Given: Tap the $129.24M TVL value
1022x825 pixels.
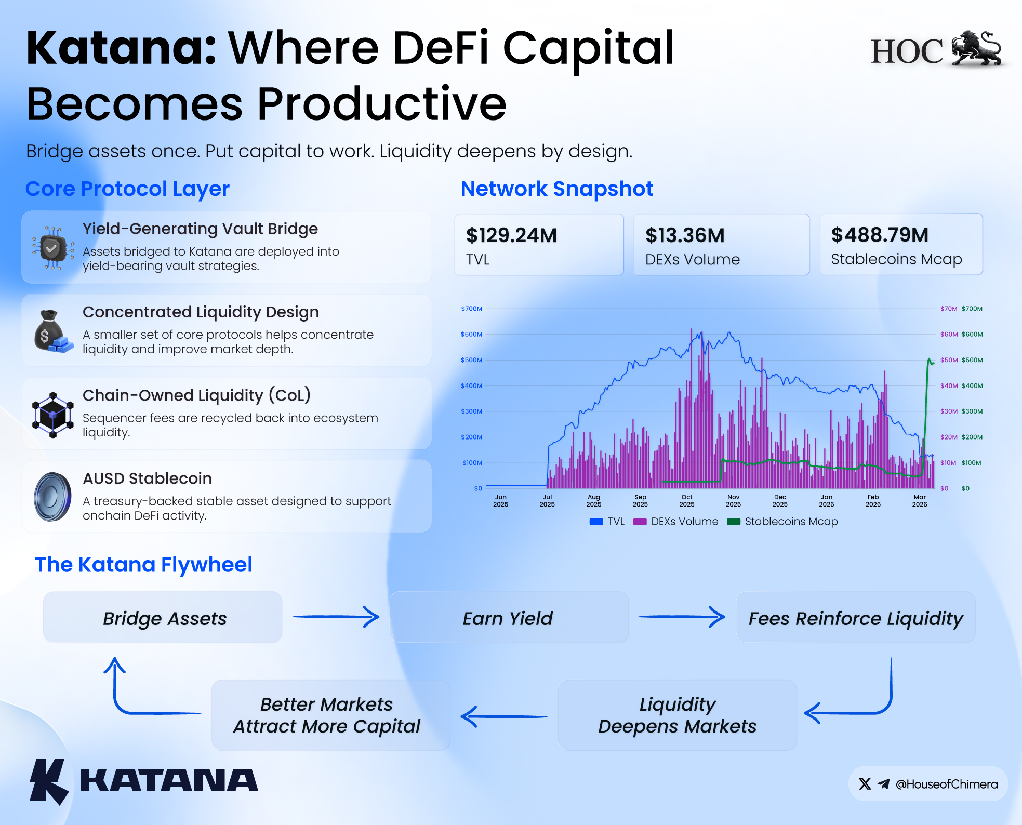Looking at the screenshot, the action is tap(511, 235).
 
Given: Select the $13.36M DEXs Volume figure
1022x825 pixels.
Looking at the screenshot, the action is tap(685, 235).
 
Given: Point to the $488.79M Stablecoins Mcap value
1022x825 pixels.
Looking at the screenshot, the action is tap(880, 235).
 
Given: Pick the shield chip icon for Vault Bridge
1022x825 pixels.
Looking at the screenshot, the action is tap(52, 248).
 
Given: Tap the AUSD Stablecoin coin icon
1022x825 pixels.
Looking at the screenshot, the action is tap(52, 497).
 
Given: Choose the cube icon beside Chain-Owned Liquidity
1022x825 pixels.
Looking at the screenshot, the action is tap(52, 415).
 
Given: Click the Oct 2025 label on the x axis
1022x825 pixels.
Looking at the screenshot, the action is tap(687, 501).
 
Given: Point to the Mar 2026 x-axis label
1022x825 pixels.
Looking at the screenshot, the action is tap(920, 501).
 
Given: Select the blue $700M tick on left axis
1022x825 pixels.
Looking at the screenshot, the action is tap(472, 309).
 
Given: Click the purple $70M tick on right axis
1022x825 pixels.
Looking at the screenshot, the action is tap(949, 309).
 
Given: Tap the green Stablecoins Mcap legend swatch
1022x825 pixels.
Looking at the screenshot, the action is tap(734, 522).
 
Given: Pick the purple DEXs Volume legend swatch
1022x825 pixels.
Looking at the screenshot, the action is tap(640, 522).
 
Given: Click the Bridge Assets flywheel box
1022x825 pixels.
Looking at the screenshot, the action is tap(163, 617).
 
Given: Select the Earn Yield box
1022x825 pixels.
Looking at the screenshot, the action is tap(509, 617).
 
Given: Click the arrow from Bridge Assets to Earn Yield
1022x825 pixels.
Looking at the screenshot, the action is tap(336, 617).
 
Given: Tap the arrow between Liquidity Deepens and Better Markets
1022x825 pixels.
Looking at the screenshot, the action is tap(504, 716).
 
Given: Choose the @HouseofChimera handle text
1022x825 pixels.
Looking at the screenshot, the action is tap(947, 784).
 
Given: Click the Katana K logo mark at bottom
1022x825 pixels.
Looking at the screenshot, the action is tap(48, 781).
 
